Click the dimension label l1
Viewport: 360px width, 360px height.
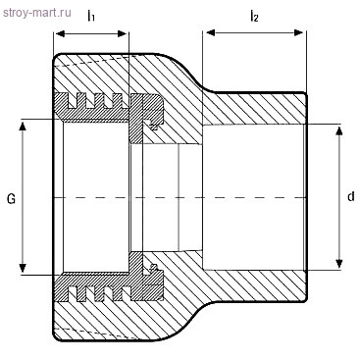coord(91,16)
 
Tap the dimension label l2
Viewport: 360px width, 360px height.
coord(254,16)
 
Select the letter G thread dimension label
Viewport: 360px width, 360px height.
coord(11,198)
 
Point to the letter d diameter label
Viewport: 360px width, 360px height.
coord(350,197)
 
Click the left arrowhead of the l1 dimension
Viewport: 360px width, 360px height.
coord(58,34)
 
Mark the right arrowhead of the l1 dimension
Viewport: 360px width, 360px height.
coord(127,34)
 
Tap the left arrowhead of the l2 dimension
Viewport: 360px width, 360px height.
coord(207,34)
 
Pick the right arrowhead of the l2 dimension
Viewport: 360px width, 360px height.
coord(302,34)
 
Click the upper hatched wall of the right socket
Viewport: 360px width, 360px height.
coord(255,108)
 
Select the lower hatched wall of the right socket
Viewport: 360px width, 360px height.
coord(255,286)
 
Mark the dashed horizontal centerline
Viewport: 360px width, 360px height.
coord(177,197)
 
